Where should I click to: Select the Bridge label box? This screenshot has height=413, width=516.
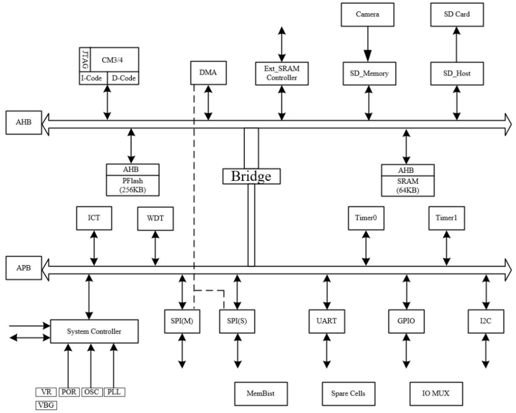251,175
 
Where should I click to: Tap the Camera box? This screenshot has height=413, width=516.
367,15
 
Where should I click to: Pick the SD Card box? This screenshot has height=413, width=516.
456,15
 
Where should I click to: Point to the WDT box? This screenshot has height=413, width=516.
155,219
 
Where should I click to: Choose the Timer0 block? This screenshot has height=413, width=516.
366,219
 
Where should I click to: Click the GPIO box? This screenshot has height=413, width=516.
406,321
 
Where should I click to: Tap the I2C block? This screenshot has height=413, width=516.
486,321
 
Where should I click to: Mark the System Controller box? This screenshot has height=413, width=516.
95,332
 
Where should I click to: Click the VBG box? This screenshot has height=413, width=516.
47,405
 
